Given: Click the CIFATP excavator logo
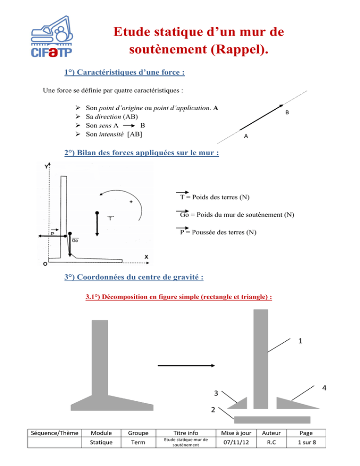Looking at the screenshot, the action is tap(52, 36).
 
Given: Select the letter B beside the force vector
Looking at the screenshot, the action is tap(287, 113).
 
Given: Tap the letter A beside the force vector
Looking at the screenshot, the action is tap(246, 136).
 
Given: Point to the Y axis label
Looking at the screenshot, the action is tap(46, 166).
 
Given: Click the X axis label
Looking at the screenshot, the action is tap(146, 257).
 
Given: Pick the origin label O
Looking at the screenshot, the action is tap(45, 264).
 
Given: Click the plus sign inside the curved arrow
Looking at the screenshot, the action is tap(131, 202).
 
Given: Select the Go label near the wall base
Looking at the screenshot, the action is tap(75, 240).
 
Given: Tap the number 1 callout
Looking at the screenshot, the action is tap(300, 341).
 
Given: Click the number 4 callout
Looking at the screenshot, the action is tap(324, 388).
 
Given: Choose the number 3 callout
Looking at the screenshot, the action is tap(216, 393).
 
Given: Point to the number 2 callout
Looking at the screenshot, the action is tap(213, 410).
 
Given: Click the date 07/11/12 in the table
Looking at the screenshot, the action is tap(236, 442).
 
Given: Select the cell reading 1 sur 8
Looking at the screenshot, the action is tap(307, 442).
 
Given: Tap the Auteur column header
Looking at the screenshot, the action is tap(271, 433).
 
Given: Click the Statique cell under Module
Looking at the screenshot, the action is tap(101, 442).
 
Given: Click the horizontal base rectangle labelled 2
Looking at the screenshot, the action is tap(272, 420).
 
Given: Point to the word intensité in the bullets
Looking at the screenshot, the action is tap(111, 135).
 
